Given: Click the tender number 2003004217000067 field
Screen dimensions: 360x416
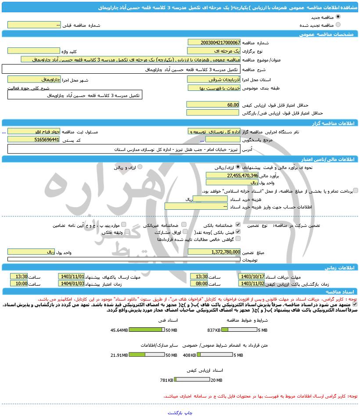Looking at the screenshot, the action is [x=214, y=43].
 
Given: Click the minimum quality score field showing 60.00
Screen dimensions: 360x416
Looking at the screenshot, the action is [x=213, y=105].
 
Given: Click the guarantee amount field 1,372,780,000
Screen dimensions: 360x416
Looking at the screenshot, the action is [x=214, y=252].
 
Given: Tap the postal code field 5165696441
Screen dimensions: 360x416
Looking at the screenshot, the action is [x=33, y=140].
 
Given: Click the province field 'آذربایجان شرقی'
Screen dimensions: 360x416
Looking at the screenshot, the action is [x=214, y=79].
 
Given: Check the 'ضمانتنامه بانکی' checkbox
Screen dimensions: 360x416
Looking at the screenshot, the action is [x=238, y=225].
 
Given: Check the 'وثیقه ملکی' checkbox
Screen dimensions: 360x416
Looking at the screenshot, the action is [x=127, y=232].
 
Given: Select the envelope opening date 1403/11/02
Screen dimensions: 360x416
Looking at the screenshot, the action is [x=252, y=284].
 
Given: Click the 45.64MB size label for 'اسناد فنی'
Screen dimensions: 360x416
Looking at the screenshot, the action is [x=119, y=330].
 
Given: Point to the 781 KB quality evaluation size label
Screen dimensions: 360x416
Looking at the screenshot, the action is [x=166, y=380].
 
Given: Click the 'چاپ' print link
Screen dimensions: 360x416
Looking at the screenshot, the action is [x=188, y=413].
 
